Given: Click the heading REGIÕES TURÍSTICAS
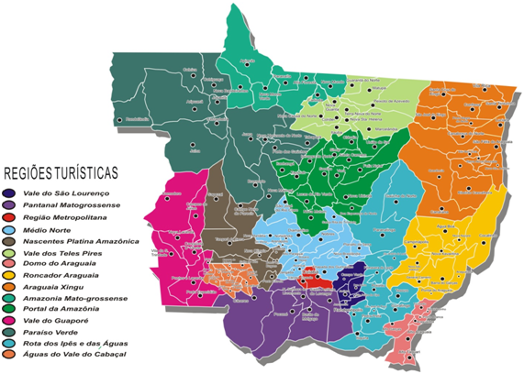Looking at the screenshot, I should pos(74,172).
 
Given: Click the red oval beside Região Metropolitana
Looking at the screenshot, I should pos(9,218).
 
